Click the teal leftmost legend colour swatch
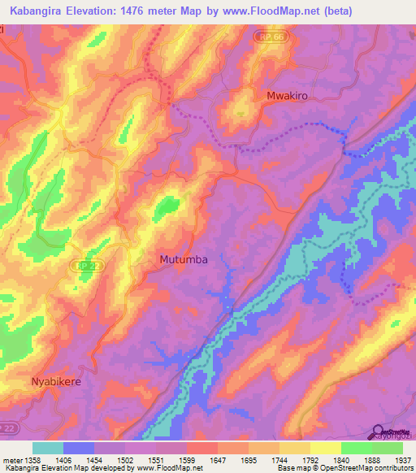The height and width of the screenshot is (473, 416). point(47,448)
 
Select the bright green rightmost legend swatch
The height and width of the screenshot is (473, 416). point(387,448)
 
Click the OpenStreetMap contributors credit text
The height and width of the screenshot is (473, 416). point(365,468)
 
